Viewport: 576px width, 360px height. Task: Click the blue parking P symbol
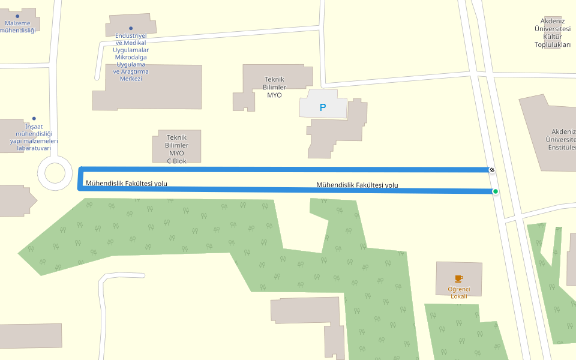323,108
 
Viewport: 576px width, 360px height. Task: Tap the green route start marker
496,191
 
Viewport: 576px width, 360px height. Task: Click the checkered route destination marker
492,170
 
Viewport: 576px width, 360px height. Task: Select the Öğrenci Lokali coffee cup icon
459,278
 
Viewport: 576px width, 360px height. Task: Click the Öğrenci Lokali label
459,293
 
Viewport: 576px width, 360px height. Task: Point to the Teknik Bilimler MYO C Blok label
177,149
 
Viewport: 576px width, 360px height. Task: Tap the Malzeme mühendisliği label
17,26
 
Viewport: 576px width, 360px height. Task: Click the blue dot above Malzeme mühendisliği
17,16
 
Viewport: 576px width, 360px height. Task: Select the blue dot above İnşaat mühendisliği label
34,118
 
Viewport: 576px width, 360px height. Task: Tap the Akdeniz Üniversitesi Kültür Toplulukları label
553,32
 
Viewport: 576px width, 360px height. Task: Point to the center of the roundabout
55,173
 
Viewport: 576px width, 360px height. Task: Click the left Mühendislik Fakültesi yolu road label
127,183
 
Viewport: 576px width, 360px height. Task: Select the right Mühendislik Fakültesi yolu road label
357,185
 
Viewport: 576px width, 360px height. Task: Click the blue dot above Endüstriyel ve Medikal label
131,28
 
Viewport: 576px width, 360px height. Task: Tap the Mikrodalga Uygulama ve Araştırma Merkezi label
131,64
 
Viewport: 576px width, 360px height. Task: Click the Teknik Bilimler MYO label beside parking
274,87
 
